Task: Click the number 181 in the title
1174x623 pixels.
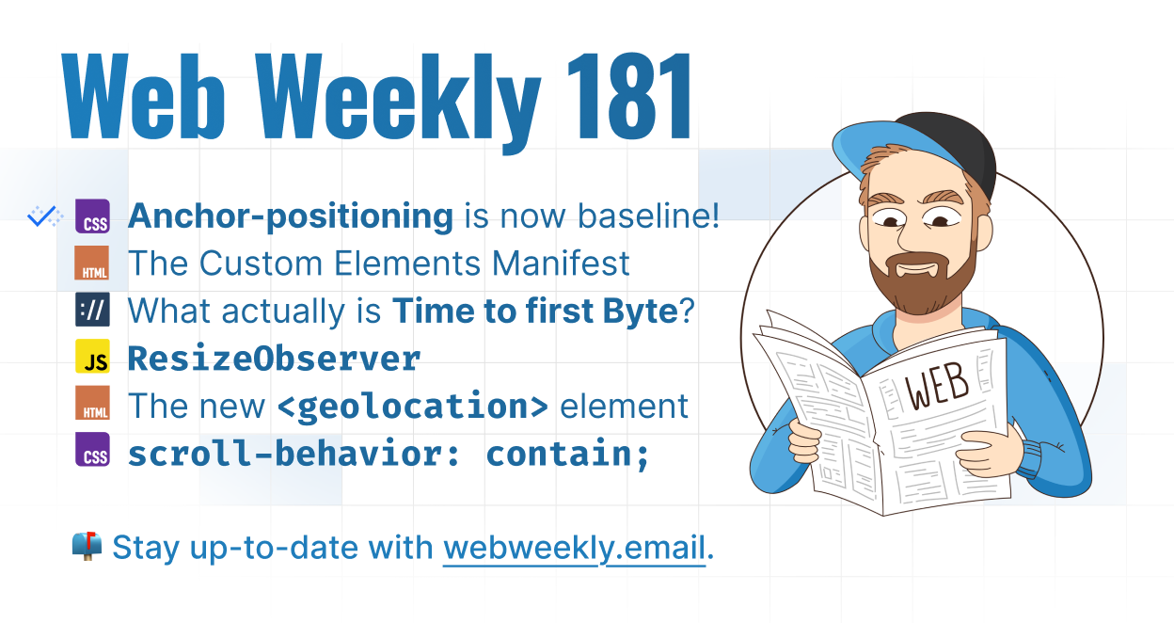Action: (629, 96)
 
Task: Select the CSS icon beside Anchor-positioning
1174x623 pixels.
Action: (93, 216)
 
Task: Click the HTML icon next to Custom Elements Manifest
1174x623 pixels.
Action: (92, 263)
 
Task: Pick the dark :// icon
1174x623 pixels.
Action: (93, 310)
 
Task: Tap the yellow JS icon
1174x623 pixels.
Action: (93, 356)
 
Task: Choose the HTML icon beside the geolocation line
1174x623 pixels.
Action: (93, 403)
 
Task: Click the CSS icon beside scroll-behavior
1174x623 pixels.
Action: (93, 450)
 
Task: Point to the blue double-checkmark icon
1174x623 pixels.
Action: (45, 216)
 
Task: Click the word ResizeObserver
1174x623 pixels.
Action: (274, 359)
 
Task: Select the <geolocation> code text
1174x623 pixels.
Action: (413, 406)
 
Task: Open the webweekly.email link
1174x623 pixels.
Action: (575, 548)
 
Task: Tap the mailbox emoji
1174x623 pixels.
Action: (87, 546)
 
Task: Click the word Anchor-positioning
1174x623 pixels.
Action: (291, 216)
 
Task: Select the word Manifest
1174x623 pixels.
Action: (561, 263)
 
